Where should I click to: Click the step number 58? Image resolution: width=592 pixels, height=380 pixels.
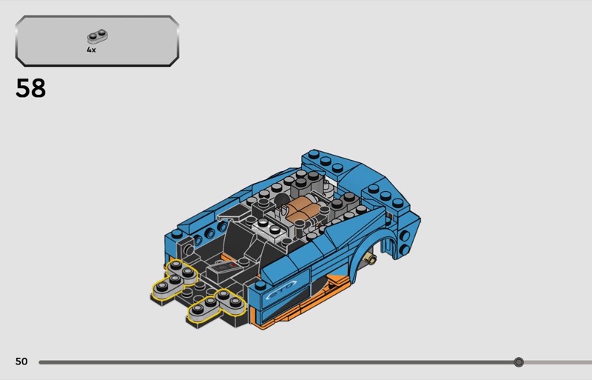tap(30, 88)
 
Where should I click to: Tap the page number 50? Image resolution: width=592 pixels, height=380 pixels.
tap(21, 361)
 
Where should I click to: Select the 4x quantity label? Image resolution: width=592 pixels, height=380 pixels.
tap(91, 50)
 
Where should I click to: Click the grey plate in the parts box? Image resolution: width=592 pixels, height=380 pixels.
tap(98, 36)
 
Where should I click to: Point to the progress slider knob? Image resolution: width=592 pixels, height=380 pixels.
tap(519, 362)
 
